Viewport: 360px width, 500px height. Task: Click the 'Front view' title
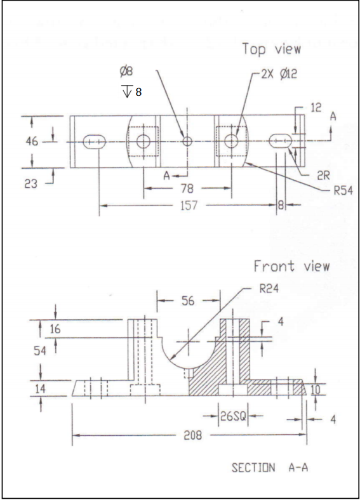point(291,266)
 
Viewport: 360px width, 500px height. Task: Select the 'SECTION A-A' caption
point(270,468)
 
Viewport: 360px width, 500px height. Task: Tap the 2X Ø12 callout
point(279,74)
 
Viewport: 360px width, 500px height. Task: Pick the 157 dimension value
point(189,206)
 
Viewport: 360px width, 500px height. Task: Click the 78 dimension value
point(186,188)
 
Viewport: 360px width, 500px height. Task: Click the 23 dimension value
point(31,184)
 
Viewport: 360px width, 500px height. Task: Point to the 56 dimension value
point(189,301)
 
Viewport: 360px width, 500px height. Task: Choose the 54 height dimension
point(39,351)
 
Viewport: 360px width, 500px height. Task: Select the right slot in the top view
point(281,141)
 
